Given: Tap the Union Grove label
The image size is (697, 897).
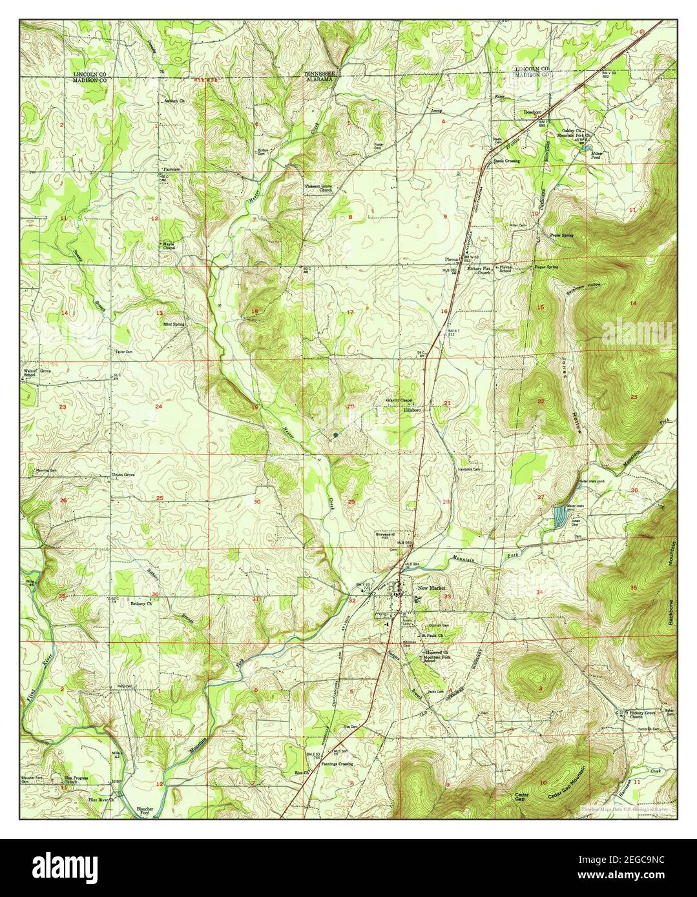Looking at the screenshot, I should (123, 476).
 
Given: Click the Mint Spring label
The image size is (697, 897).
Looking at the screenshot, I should (173, 325).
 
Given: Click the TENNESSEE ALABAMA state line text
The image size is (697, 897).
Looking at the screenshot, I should (319, 77).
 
